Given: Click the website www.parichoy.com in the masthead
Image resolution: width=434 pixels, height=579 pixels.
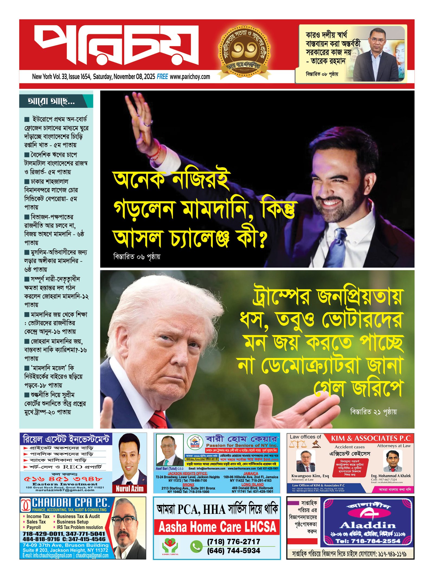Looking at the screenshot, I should (190, 77).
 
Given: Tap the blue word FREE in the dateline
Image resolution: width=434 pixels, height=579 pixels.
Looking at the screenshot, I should (162, 77).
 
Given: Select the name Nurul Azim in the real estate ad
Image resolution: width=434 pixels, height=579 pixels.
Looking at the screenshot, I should (129, 489).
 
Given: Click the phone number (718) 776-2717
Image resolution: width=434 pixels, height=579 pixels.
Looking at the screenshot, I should (234, 542).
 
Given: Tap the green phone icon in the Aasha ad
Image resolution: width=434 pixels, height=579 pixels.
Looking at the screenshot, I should (196, 546).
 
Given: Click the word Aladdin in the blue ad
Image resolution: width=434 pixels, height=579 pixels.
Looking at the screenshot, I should (368, 525).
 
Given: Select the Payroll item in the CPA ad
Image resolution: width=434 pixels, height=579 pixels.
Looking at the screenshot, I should (34, 527).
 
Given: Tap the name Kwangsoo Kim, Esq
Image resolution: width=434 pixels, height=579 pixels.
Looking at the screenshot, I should (310, 476).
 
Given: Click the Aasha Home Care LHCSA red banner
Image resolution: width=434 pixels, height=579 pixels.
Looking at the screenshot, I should (217, 527).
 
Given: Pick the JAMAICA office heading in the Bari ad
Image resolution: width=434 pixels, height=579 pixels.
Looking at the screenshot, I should (251, 473).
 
